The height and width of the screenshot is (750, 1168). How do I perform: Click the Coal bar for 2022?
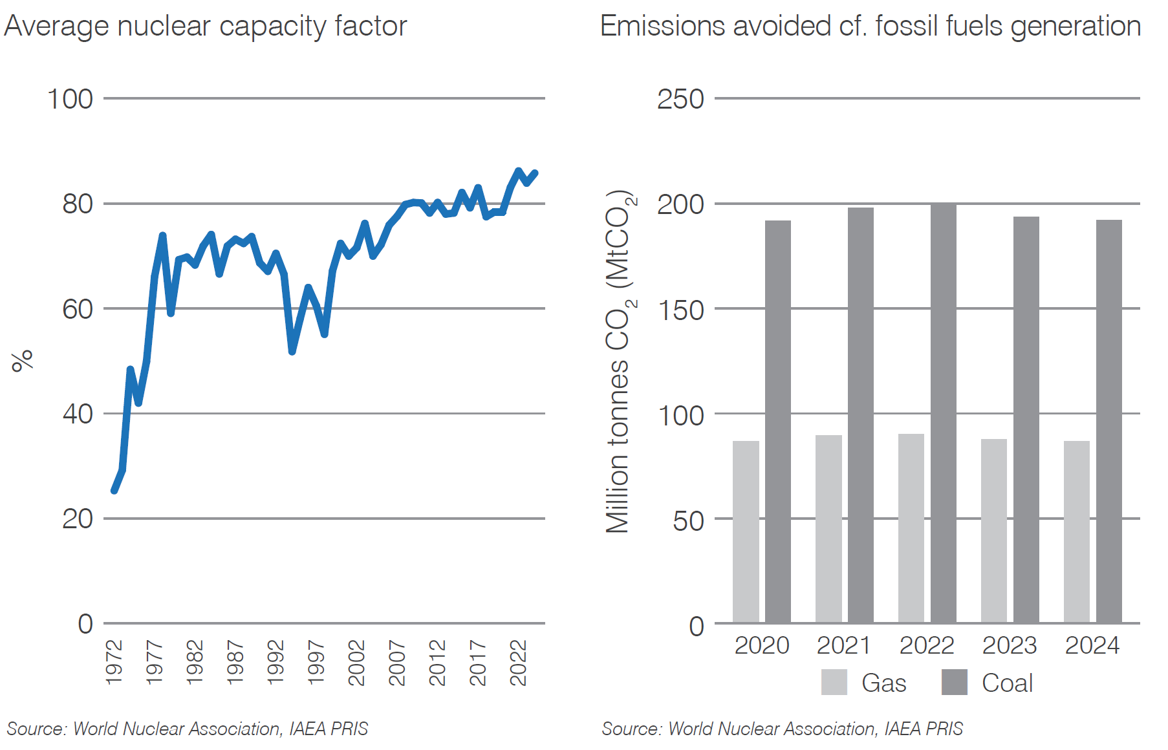943,414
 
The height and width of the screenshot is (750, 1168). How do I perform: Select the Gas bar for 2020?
746,532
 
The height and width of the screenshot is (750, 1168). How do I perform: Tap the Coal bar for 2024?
1109,422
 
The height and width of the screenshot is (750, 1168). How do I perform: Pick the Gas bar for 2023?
993,531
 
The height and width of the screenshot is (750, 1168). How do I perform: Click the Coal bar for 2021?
860,415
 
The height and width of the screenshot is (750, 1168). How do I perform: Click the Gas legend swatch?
834,682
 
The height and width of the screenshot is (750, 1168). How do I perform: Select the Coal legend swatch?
954,682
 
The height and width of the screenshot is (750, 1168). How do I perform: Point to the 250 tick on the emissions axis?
680,100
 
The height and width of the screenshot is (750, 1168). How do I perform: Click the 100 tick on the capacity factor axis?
70,100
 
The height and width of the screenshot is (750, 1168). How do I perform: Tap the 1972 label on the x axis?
114,662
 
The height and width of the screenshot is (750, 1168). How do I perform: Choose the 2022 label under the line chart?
519,662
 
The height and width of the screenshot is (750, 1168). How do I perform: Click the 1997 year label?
316,662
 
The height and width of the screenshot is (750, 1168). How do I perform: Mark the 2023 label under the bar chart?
1009,645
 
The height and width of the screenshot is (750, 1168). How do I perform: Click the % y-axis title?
22,361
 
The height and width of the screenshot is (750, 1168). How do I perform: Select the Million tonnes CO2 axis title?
620,362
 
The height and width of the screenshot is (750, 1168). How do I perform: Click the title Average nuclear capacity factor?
205,27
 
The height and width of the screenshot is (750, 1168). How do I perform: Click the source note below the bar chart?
782,729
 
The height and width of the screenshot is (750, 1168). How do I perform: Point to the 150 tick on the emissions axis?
680,310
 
